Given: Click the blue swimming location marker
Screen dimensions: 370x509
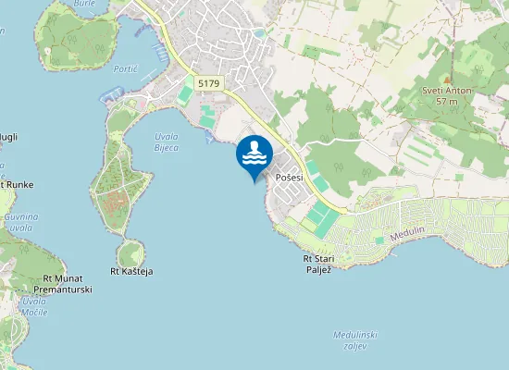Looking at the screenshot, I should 254,155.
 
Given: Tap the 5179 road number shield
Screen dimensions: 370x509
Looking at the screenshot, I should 209,83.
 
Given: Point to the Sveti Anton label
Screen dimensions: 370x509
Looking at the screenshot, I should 448,90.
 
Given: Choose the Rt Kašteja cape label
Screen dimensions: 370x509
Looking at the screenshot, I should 130,271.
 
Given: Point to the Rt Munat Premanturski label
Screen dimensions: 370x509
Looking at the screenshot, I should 68,284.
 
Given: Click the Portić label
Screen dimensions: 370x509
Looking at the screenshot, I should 125,68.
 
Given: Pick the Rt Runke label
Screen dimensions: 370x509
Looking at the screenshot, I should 16,185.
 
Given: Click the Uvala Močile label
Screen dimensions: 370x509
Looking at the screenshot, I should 34,307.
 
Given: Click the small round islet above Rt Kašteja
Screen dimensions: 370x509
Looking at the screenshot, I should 130,252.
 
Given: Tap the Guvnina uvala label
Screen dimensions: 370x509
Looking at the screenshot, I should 19,221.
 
